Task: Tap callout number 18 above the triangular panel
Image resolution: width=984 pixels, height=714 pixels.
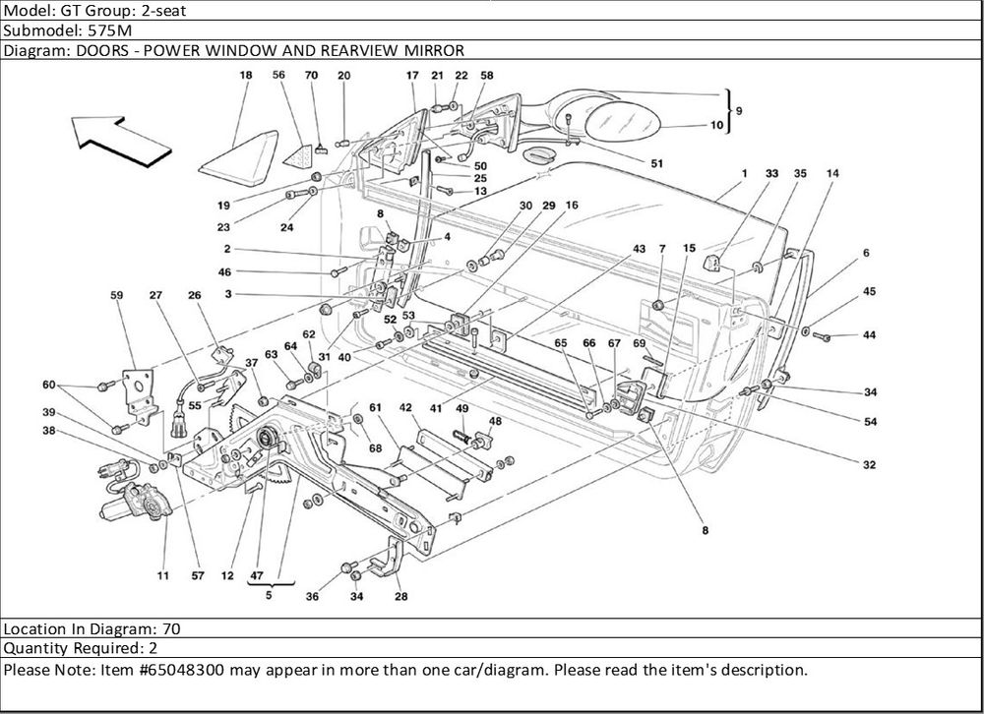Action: coord(245,76)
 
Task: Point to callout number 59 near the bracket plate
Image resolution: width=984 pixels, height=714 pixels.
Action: coord(117,294)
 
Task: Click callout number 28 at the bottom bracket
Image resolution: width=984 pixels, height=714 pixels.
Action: coord(400,596)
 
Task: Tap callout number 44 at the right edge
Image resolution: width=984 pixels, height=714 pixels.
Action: coord(870,336)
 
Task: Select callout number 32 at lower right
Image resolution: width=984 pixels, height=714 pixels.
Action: coord(870,465)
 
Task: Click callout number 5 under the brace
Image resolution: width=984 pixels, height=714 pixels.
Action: coord(267,594)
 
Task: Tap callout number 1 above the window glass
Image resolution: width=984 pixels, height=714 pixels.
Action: coord(745,174)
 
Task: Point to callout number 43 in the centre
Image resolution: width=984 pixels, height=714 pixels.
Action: coord(640,249)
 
